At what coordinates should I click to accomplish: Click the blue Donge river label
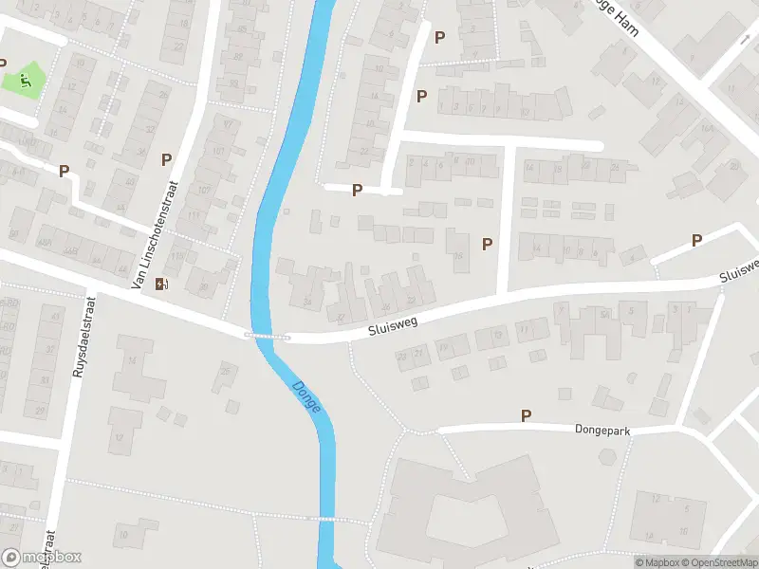[307, 396]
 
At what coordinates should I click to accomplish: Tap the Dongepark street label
[602, 430]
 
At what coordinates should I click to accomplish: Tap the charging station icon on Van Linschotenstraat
[163, 283]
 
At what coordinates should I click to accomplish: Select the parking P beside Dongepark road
[526, 415]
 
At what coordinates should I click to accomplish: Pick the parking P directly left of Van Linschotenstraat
[166, 160]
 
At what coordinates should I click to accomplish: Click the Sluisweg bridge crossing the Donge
[268, 336]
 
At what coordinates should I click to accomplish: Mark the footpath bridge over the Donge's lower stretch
[326, 519]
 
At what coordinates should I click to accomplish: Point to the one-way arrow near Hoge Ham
[746, 40]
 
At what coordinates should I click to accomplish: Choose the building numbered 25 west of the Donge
[225, 370]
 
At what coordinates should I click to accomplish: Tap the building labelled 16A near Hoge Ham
[706, 127]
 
